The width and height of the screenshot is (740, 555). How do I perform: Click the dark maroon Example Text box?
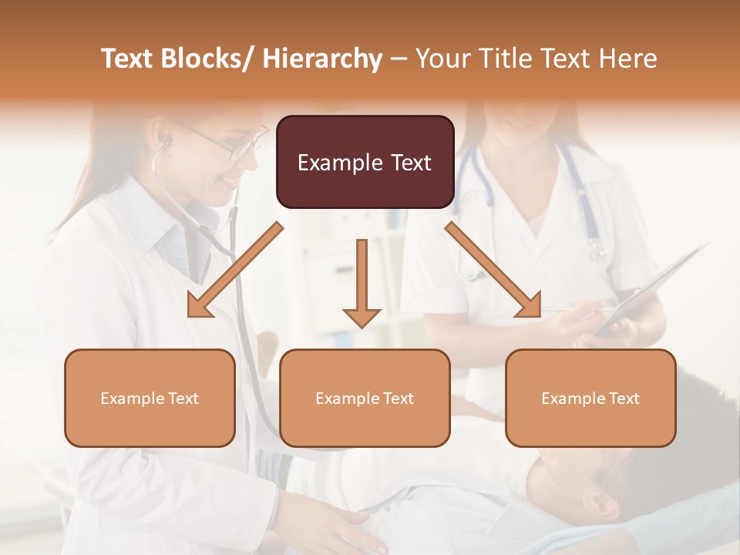[x=365, y=162]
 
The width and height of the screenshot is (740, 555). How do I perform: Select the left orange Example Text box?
[x=150, y=398]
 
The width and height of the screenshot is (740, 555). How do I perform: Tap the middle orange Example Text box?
[x=365, y=398]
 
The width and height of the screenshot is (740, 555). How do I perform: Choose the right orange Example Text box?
[x=590, y=398]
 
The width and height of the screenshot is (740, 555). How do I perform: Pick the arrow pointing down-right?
[x=493, y=271]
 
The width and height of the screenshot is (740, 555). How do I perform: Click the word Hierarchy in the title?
[x=321, y=59]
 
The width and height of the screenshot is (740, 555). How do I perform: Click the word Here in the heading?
[x=631, y=59]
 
